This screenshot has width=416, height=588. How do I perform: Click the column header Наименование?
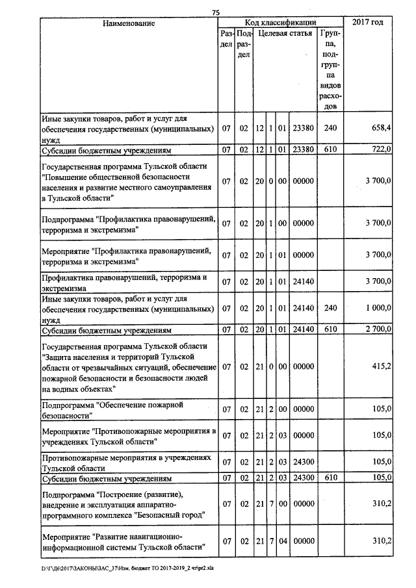[x=129, y=23]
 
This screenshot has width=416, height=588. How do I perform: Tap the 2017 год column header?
[x=367, y=23]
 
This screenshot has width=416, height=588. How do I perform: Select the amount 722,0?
[x=380, y=149]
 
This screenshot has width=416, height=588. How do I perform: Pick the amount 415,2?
[x=380, y=366]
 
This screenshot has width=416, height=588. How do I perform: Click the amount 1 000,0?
[x=376, y=309]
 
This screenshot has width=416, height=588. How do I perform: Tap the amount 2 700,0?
[x=376, y=329]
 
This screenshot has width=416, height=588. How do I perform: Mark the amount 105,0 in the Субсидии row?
[x=380, y=479]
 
